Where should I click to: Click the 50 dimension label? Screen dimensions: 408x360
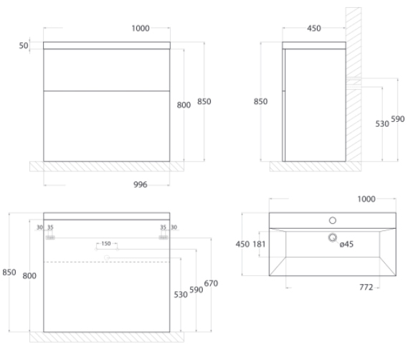[x=24, y=46]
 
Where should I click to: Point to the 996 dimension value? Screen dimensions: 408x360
[x=141, y=184]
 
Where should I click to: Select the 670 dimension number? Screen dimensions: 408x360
[x=211, y=283]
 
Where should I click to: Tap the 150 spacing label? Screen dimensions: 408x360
[x=106, y=243]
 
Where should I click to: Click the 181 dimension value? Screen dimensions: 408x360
[x=259, y=244]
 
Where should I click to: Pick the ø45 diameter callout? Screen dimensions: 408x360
[x=346, y=244]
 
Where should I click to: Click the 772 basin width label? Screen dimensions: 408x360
[x=366, y=287]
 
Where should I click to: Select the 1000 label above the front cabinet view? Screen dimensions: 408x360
[x=141, y=28]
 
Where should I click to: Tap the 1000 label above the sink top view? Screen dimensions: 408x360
[x=366, y=199]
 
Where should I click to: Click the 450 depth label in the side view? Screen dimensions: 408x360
[x=314, y=28]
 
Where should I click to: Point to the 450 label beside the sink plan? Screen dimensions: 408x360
[x=242, y=244]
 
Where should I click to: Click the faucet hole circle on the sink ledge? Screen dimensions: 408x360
[x=333, y=220]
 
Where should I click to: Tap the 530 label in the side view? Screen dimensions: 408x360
[x=382, y=124]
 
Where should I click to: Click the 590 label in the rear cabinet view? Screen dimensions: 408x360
[x=196, y=290]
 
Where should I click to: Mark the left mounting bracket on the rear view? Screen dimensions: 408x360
[x=50, y=237]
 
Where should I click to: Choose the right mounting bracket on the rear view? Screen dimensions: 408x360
[x=163, y=237]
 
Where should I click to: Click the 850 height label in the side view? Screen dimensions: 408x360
[x=260, y=101]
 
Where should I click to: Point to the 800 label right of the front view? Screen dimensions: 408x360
[x=184, y=105]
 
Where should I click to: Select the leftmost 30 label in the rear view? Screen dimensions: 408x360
[x=39, y=227]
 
